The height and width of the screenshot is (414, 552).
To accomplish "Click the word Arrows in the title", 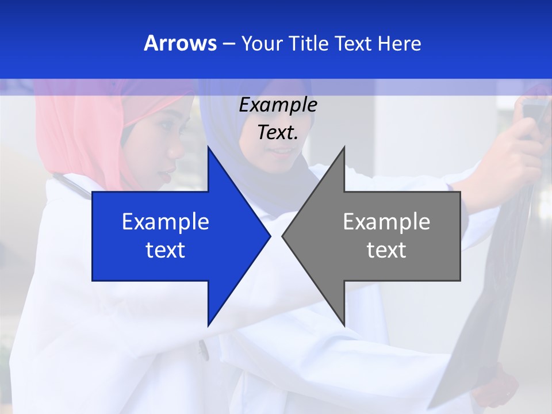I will (180, 43).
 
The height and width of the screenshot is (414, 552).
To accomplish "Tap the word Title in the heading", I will (310, 43).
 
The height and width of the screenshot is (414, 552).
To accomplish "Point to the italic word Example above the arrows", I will (278, 105).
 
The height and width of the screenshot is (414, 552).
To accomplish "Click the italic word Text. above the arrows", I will (278, 132).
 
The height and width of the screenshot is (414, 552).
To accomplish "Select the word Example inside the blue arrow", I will (166, 222).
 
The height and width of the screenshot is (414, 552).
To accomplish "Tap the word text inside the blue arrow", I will (166, 250).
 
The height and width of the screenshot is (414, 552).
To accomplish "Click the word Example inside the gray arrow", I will (386, 222).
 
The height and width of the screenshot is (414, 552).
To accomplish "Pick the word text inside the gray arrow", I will (386, 250).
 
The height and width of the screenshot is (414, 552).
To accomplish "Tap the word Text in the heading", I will (354, 43).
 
